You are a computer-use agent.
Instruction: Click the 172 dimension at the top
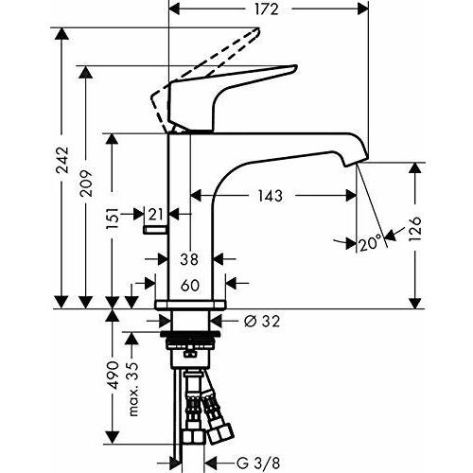(x=265, y=10)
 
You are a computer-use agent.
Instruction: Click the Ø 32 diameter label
(x=260, y=322)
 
